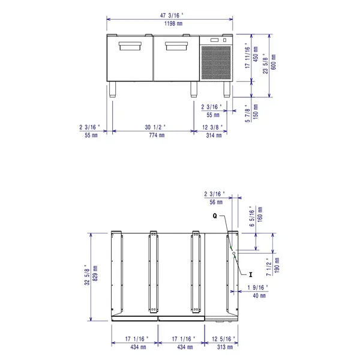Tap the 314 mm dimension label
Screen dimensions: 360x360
tap(213, 136)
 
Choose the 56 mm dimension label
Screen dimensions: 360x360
tap(215, 202)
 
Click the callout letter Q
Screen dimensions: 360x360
tap(214, 215)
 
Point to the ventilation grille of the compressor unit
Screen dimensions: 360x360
tap(214, 62)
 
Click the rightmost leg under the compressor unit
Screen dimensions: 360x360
tap(226, 89)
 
